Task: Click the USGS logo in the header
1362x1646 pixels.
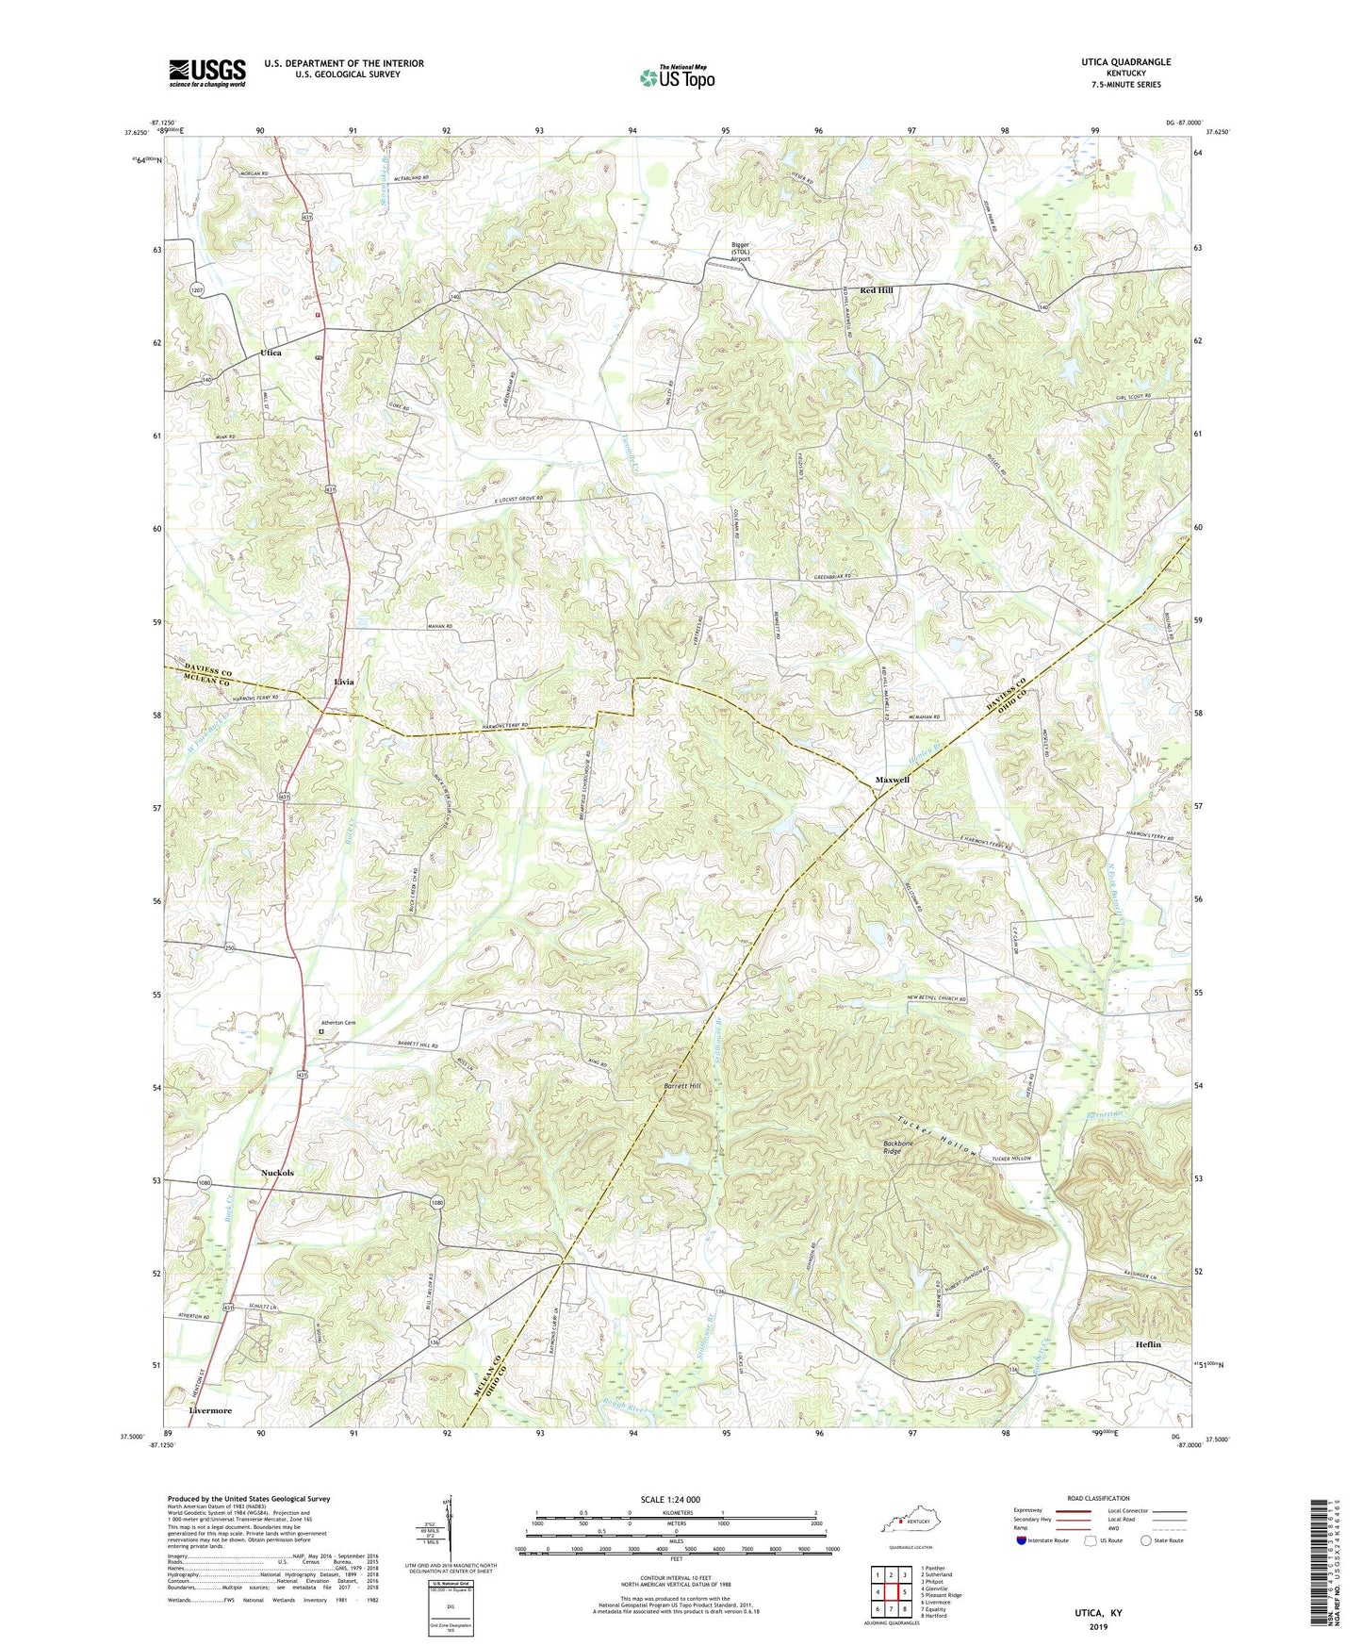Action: (x=207, y=73)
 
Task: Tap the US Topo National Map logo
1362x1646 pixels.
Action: (x=677, y=77)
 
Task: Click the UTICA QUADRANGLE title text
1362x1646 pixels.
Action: (x=1126, y=62)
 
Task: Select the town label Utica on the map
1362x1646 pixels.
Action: (x=271, y=353)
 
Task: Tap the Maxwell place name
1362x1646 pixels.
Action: (x=892, y=781)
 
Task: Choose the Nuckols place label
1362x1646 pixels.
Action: (x=277, y=1174)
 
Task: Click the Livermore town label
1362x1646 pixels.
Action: (x=210, y=1411)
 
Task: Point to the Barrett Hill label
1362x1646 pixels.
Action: (x=681, y=1087)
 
